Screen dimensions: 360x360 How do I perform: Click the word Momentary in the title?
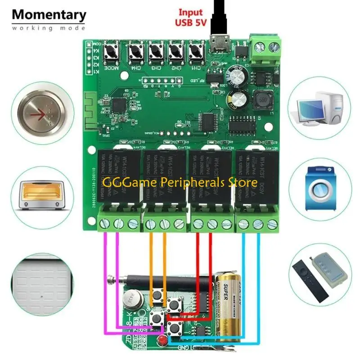[49, 14]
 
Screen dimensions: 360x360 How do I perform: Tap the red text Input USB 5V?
[190, 17]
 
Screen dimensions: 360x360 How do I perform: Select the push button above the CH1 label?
[195, 53]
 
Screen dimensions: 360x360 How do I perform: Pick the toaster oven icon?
[41, 192]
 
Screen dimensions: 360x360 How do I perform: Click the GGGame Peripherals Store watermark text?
[180, 183]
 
